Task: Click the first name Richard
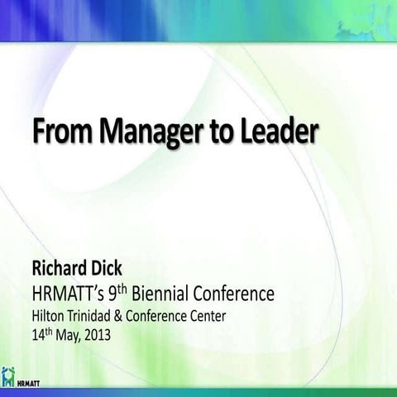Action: point(63,269)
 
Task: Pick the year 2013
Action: point(111,335)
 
